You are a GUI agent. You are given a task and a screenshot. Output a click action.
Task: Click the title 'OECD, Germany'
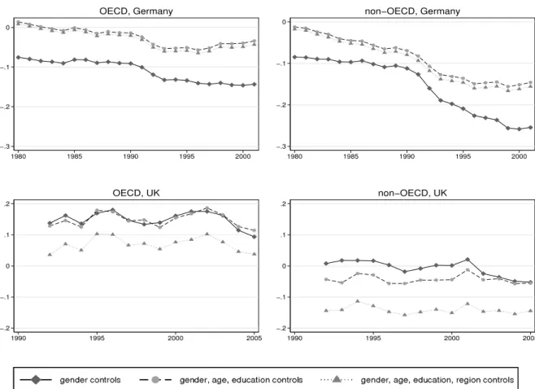[136, 11]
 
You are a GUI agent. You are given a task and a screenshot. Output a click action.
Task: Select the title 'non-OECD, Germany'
[412, 11]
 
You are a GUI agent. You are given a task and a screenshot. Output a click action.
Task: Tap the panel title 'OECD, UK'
[136, 193]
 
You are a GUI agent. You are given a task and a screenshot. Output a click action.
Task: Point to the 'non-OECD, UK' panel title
[412, 193]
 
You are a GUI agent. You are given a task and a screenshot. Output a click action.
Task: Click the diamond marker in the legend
[36, 379]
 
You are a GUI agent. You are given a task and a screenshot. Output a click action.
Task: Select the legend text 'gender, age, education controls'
[241, 380]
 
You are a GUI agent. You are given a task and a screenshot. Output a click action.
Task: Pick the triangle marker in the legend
[337, 379]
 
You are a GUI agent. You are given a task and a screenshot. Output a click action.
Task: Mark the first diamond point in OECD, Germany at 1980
[19, 58]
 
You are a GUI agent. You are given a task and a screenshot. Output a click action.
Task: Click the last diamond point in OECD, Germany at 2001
[254, 85]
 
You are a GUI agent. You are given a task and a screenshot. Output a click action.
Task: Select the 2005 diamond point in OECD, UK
[254, 236]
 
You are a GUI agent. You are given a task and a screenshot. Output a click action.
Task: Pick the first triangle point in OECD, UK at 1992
[50, 255]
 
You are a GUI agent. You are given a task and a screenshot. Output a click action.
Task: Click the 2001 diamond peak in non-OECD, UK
[468, 260]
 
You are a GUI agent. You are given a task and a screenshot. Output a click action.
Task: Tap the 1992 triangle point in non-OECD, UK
[326, 310]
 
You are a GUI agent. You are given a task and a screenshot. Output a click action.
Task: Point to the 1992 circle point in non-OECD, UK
[326, 279]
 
